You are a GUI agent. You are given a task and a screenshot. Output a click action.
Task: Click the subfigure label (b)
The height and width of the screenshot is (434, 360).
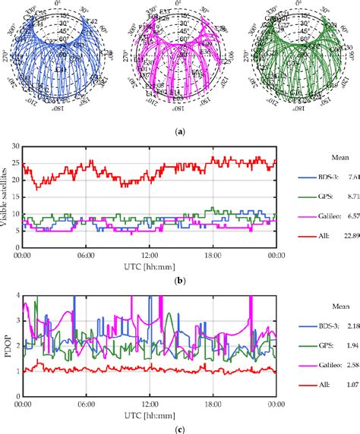[180, 280]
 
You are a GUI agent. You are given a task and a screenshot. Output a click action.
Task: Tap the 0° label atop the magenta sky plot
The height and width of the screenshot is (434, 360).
[181, 5]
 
